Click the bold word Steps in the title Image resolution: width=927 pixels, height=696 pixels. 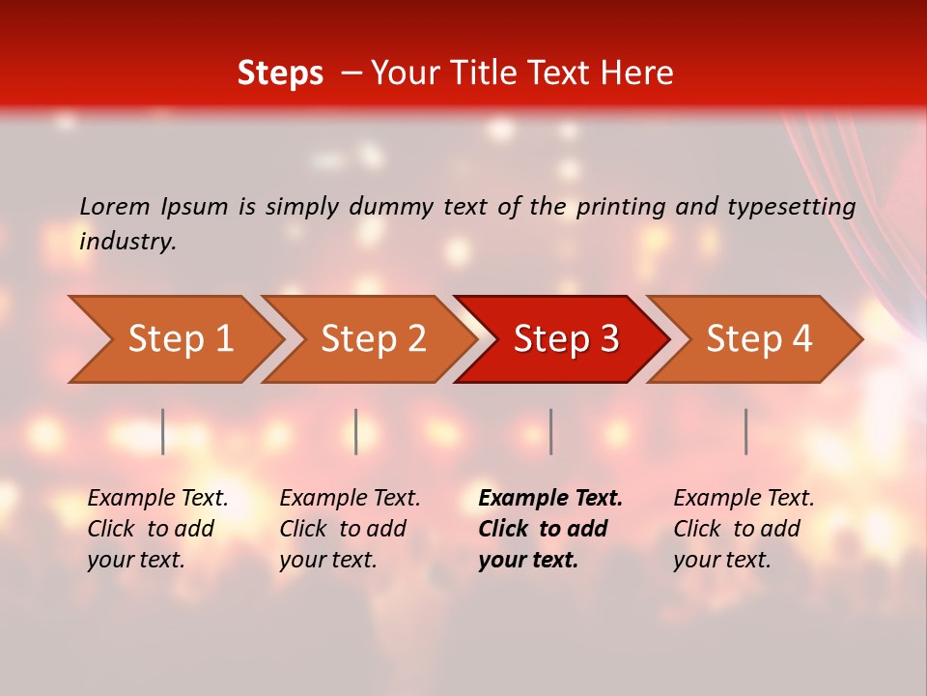point(280,73)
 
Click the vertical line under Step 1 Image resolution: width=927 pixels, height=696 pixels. point(163,431)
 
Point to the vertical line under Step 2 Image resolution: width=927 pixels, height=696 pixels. point(356,431)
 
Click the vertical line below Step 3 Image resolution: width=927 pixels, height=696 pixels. point(550,431)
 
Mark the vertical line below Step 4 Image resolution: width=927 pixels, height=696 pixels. point(745,431)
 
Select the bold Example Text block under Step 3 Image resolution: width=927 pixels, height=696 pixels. point(550,529)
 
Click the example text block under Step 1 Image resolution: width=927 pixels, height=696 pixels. point(157,529)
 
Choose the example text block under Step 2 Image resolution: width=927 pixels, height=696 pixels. point(350,529)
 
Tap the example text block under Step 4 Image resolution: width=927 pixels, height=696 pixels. point(744,529)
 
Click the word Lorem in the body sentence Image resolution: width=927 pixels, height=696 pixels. point(115,207)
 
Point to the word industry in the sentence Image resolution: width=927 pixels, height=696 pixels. point(127,242)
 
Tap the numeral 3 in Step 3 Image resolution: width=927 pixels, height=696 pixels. point(608,339)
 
